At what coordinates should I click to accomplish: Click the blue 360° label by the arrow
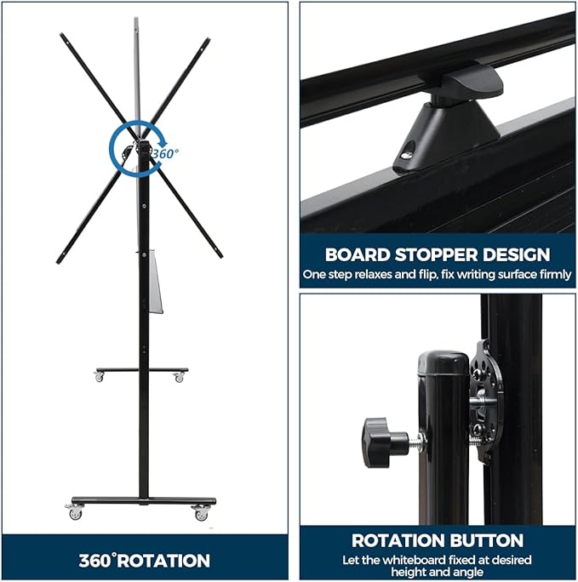click(x=165, y=153)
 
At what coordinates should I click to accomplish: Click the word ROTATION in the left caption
click(x=163, y=561)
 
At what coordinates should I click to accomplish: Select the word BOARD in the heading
click(x=358, y=254)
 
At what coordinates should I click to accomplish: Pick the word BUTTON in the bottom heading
click(x=486, y=540)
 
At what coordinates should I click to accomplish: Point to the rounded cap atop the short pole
click(x=444, y=362)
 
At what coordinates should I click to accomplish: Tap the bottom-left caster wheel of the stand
click(x=76, y=513)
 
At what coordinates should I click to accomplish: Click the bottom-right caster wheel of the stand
click(x=201, y=513)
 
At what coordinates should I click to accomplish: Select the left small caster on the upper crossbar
click(x=99, y=377)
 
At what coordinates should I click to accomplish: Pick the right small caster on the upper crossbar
click(x=179, y=378)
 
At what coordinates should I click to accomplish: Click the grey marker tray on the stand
click(x=156, y=282)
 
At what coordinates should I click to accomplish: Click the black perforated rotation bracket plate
click(x=485, y=402)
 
